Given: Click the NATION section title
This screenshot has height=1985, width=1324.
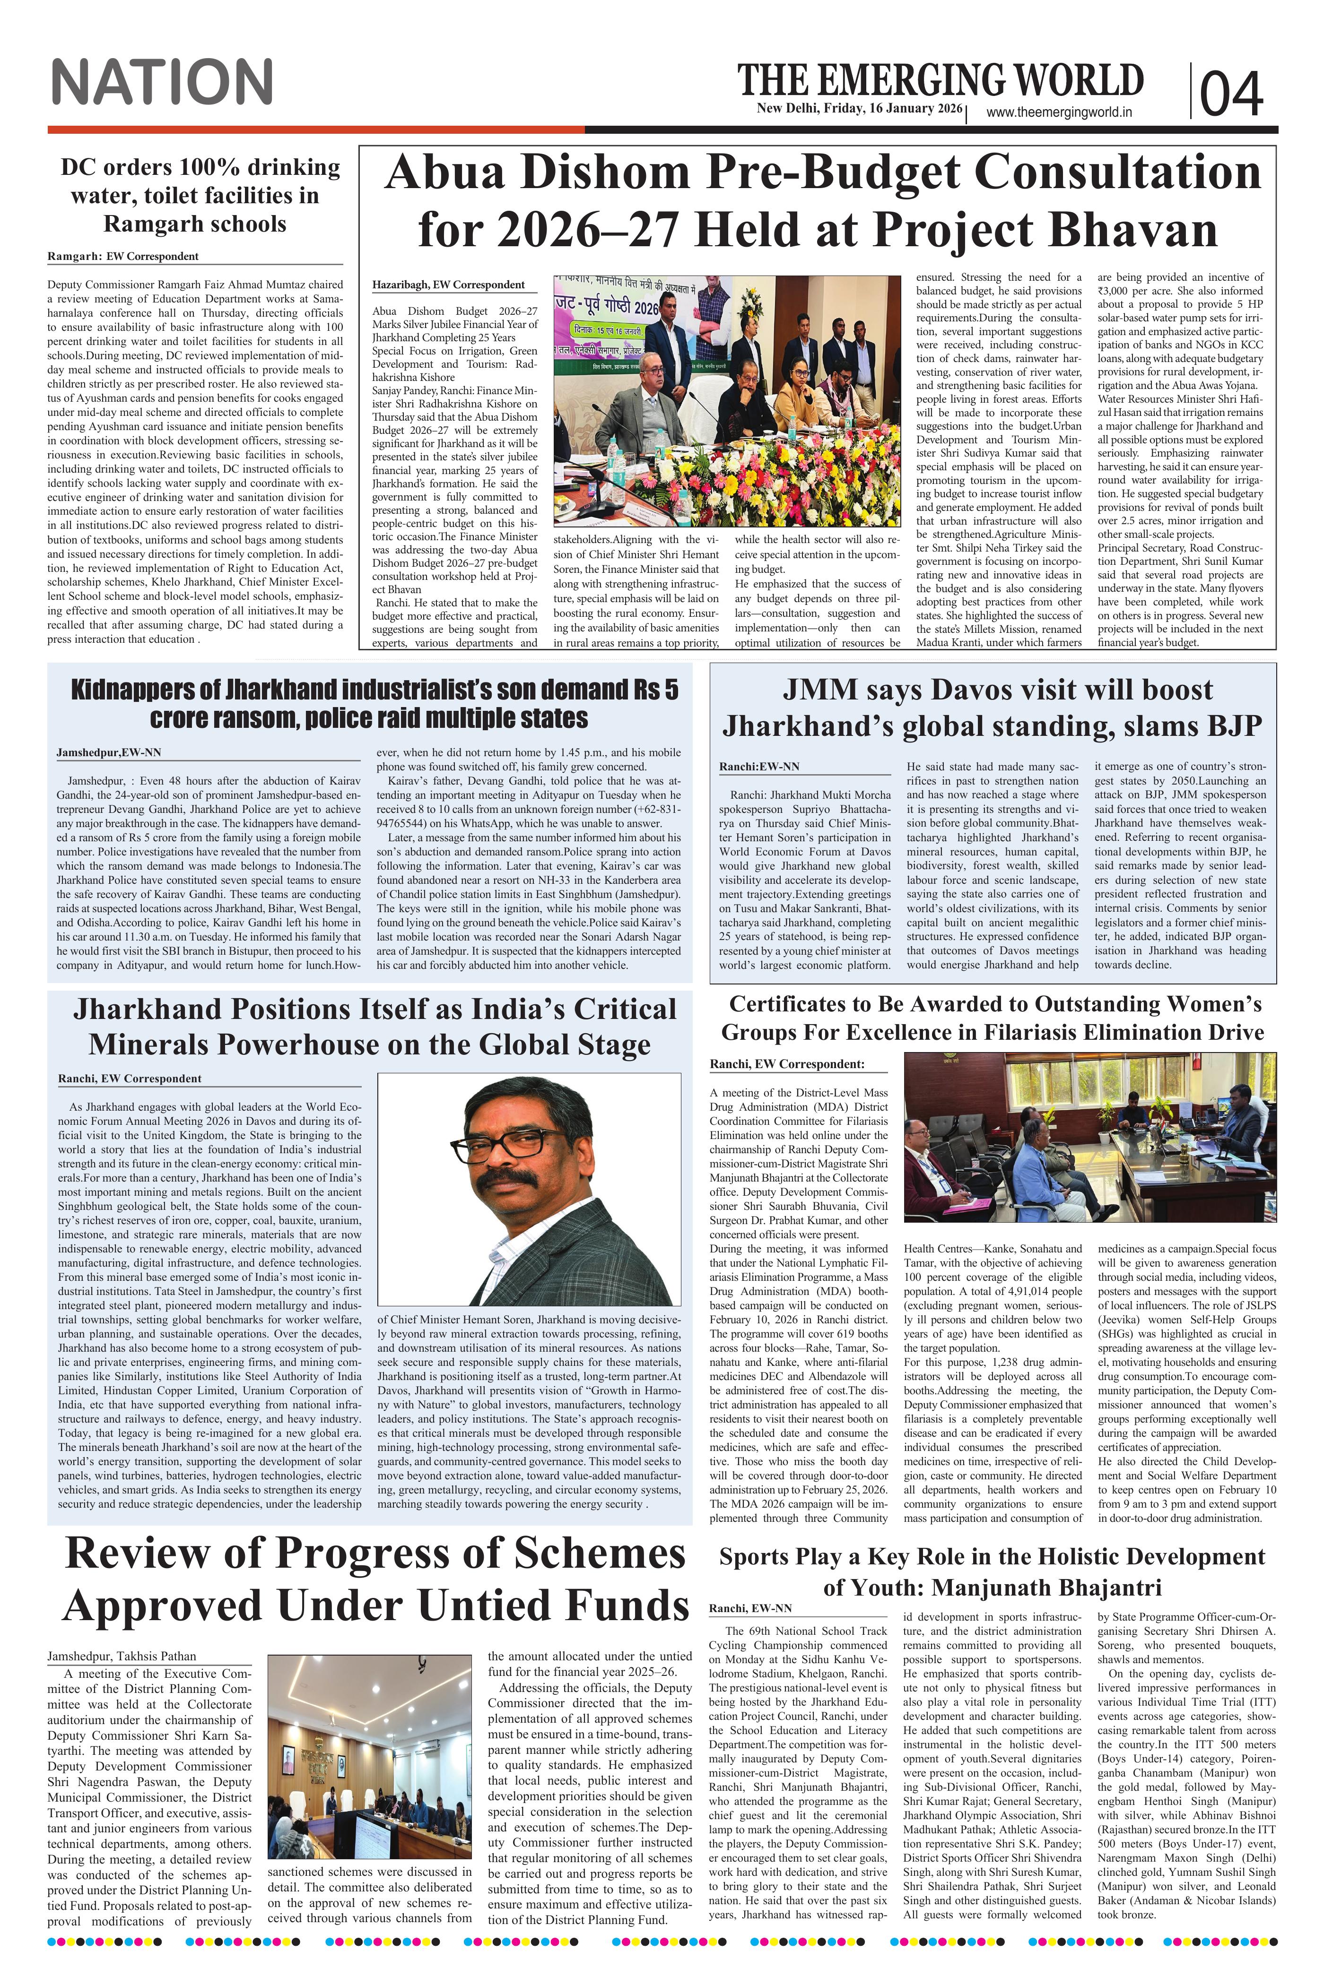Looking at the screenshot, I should [161, 83].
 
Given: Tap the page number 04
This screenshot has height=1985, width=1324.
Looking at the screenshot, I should [1231, 94].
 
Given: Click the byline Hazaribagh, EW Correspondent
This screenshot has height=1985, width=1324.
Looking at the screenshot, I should [448, 285].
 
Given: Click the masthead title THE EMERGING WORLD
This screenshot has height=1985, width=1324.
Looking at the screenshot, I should [941, 80].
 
